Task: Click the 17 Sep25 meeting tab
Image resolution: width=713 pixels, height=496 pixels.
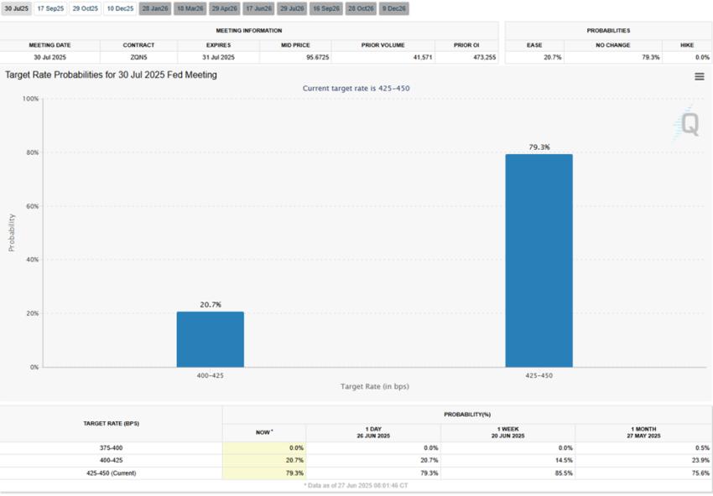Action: tap(49, 8)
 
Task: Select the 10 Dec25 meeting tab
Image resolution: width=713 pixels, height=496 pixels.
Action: tap(119, 8)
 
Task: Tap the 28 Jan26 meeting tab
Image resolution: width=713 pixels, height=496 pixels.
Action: tap(155, 8)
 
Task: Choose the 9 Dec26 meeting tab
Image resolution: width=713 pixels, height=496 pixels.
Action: tap(394, 8)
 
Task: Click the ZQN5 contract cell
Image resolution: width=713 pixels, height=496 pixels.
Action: tap(138, 58)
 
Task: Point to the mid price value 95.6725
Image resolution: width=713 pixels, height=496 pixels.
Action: tap(294, 58)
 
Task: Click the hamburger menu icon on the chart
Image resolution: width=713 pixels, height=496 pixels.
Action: tap(700, 76)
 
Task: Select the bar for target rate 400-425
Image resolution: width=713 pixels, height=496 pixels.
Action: tap(210, 339)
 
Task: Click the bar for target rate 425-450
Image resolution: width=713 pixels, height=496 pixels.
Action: tap(539, 261)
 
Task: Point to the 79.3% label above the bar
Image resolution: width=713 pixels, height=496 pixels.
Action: tap(539, 147)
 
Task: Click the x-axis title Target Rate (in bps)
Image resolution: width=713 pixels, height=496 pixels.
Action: tap(374, 386)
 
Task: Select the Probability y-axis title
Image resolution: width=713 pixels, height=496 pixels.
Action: tap(12, 232)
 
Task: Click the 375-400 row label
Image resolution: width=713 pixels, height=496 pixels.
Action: tap(111, 448)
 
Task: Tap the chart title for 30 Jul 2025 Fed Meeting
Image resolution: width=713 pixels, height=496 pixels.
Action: tap(111, 75)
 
